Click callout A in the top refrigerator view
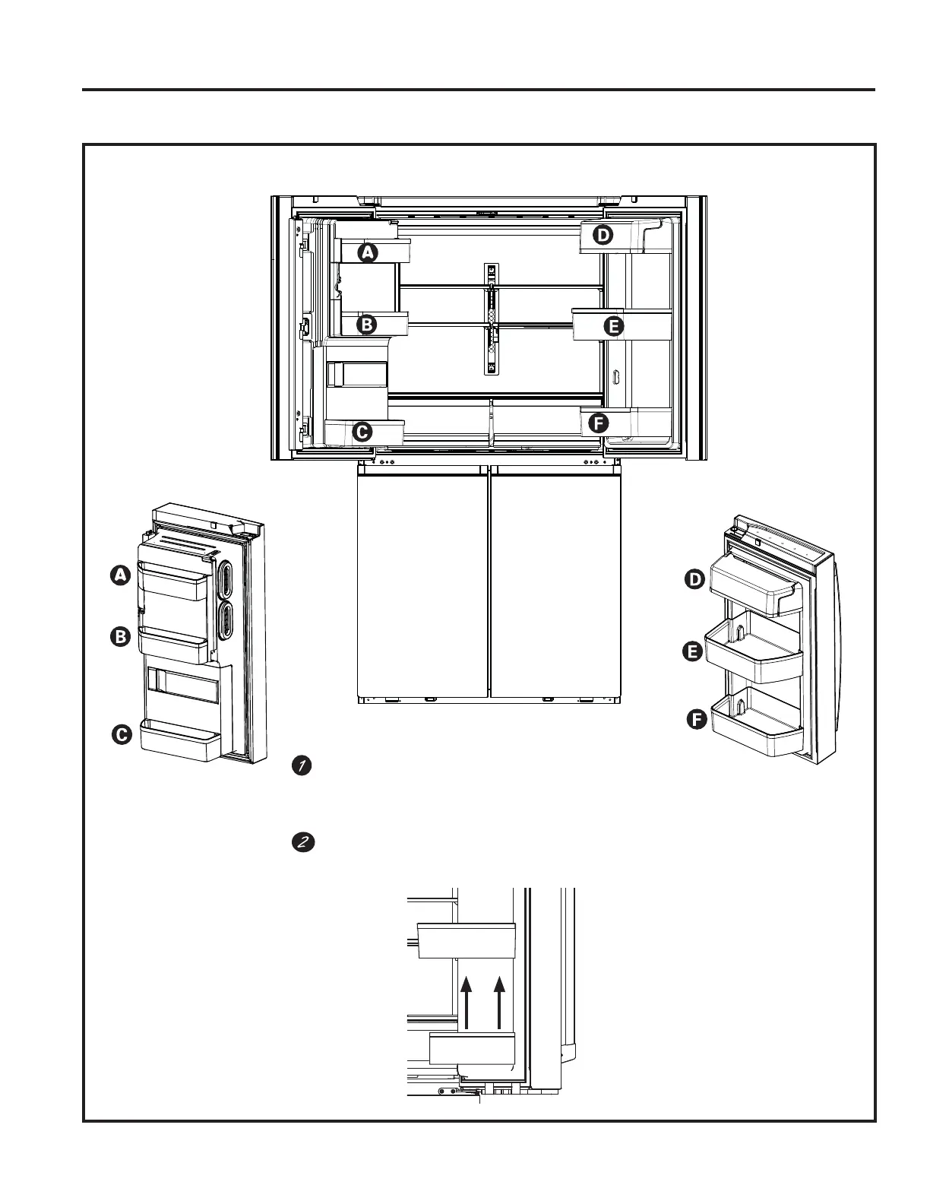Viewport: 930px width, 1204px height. coord(368,253)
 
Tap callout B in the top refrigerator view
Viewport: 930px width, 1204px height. coord(367,325)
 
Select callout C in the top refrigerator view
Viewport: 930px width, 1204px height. coord(362,432)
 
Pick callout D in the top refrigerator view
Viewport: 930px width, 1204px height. coord(602,236)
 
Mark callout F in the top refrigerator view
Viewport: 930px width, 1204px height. coord(599,424)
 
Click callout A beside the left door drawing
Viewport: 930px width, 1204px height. coord(120,576)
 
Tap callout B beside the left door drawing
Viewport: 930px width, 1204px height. coord(120,637)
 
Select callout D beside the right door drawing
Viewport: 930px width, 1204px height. coord(694,580)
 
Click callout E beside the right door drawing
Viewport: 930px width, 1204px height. coord(692,651)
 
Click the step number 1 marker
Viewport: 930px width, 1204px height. coord(301,766)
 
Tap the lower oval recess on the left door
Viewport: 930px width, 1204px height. coord(226,620)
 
